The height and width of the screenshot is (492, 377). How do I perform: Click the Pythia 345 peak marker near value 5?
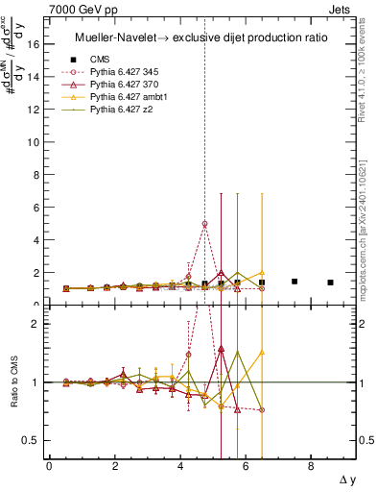point(204,224)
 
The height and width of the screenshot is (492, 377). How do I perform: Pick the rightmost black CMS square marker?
point(330,283)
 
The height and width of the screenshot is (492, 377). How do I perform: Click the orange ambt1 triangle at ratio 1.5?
point(262,353)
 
